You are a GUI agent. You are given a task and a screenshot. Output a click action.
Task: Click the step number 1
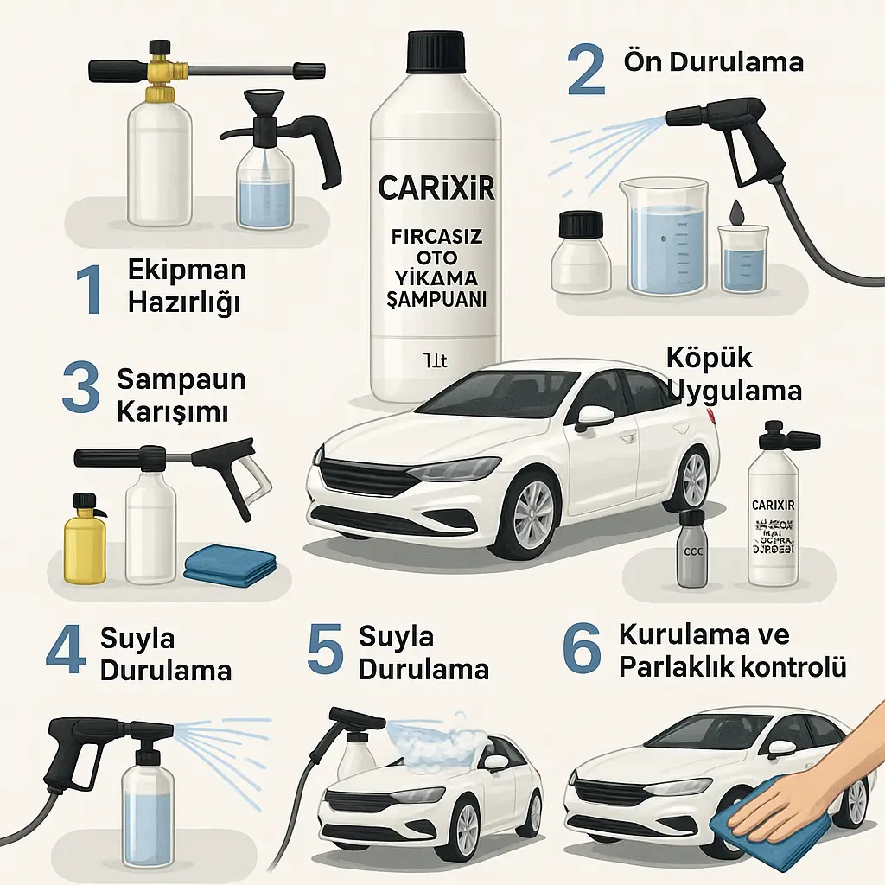point(89,290)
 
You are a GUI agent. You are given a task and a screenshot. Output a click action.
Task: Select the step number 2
point(586,72)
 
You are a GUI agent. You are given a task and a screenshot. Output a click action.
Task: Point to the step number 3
point(82,390)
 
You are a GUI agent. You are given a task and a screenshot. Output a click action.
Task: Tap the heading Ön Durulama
point(701,63)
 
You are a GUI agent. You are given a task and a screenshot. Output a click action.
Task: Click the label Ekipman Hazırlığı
point(186,285)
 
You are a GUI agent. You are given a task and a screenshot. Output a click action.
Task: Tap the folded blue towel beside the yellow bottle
point(231,565)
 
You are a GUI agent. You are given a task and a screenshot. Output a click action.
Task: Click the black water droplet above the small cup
point(736,211)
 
